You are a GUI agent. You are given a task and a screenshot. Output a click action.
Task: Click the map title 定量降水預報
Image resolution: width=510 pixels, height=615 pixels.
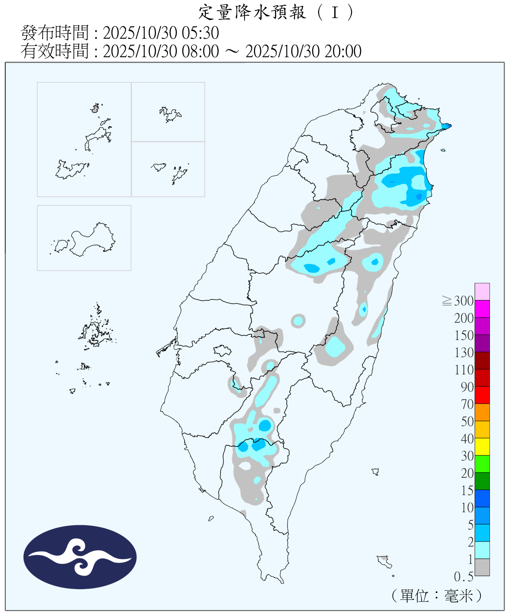(x=252, y=12)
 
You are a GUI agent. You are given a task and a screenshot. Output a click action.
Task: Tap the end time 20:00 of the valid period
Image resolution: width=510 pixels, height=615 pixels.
(x=343, y=51)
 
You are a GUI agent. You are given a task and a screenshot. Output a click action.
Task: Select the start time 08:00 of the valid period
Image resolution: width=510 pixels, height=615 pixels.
(x=200, y=51)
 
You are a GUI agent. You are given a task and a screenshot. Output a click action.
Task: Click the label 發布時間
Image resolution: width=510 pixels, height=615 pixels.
(x=54, y=33)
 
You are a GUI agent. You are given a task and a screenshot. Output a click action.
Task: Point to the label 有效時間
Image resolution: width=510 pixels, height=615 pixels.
(x=54, y=51)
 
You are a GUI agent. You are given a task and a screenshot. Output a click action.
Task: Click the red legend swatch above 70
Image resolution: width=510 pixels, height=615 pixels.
(x=482, y=395)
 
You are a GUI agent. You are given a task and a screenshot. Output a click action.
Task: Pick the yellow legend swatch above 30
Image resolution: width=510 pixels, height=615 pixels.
(x=482, y=446)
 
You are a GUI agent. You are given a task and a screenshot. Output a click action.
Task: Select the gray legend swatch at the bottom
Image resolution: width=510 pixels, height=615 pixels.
(x=482, y=567)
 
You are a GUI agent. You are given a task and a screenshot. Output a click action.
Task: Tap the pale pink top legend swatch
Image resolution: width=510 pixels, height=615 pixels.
(x=482, y=292)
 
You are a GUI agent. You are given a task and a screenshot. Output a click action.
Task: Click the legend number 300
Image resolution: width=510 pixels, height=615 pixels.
(x=464, y=301)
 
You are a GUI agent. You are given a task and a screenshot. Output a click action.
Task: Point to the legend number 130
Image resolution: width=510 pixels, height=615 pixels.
(x=464, y=353)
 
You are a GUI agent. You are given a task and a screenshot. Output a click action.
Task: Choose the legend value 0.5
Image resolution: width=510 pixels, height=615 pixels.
(x=464, y=577)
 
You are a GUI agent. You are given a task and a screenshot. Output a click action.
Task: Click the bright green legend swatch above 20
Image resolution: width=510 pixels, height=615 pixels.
(x=482, y=464)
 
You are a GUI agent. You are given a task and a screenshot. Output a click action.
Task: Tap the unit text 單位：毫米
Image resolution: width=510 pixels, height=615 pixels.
(x=436, y=595)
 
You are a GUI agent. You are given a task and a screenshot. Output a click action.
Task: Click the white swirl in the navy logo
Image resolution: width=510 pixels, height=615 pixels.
(x=80, y=557)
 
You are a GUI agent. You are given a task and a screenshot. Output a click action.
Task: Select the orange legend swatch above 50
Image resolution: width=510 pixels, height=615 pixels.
(x=482, y=412)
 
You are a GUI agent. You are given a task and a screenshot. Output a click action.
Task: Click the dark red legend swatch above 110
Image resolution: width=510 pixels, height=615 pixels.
(x=482, y=360)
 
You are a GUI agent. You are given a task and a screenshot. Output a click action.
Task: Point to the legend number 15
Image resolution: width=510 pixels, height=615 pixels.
(x=467, y=490)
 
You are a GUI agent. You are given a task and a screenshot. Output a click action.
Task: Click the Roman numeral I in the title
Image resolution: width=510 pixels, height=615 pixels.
(x=335, y=12)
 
